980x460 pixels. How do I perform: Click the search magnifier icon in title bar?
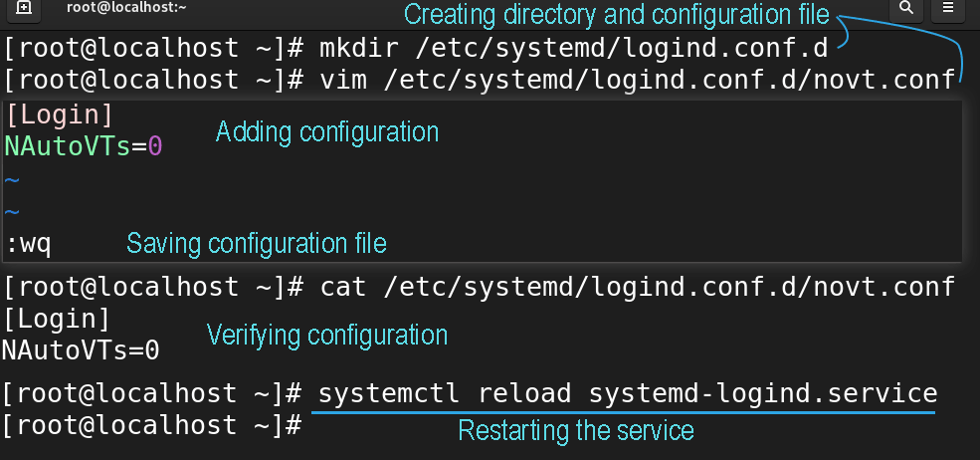click(x=905, y=8)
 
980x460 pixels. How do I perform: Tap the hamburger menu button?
click(x=947, y=8)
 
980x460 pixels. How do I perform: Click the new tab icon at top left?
click(x=23, y=8)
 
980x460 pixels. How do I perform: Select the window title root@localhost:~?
click(x=127, y=8)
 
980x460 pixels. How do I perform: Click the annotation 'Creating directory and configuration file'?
click(x=616, y=14)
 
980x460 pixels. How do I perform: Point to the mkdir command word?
click(x=359, y=48)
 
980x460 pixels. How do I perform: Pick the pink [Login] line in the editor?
click(x=60, y=115)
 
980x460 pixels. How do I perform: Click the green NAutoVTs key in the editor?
click(x=68, y=146)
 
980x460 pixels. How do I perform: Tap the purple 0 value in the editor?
click(x=154, y=146)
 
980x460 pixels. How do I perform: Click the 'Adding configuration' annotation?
click(x=327, y=132)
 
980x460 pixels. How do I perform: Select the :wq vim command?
click(x=29, y=244)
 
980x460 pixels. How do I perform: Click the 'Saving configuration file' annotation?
click(x=257, y=244)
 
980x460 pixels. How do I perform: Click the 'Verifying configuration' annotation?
click(x=327, y=336)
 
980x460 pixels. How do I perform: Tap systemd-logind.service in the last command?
click(x=763, y=393)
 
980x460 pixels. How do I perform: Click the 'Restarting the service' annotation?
click(x=576, y=430)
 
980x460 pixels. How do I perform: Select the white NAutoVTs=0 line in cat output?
click(x=81, y=350)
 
